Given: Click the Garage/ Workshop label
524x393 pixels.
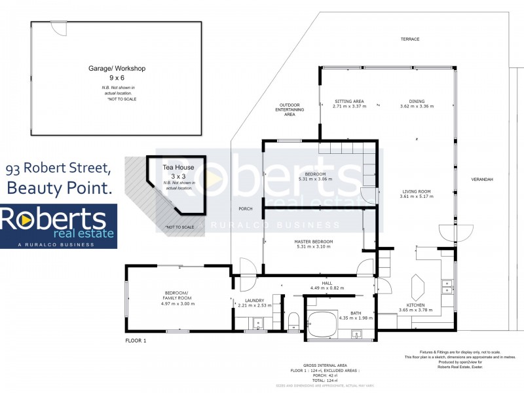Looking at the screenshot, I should (x=117, y=68).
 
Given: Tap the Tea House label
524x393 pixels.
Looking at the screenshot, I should (x=174, y=168).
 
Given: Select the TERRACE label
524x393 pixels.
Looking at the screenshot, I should (x=410, y=39).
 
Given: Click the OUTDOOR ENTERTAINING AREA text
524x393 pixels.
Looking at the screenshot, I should (x=290, y=109).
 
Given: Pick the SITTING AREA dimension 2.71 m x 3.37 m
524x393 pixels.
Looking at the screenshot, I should (x=349, y=106).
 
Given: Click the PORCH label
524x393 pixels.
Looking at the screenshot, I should (x=246, y=209).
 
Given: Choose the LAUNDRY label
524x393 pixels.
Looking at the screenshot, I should (x=250, y=300).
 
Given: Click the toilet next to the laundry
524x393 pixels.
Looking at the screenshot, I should (x=293, y=320).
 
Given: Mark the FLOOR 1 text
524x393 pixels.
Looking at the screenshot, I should (x=136, y=341).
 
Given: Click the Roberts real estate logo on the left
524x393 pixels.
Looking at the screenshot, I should (x=59, y=226).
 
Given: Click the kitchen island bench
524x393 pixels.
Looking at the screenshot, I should (x=417, y=286).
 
